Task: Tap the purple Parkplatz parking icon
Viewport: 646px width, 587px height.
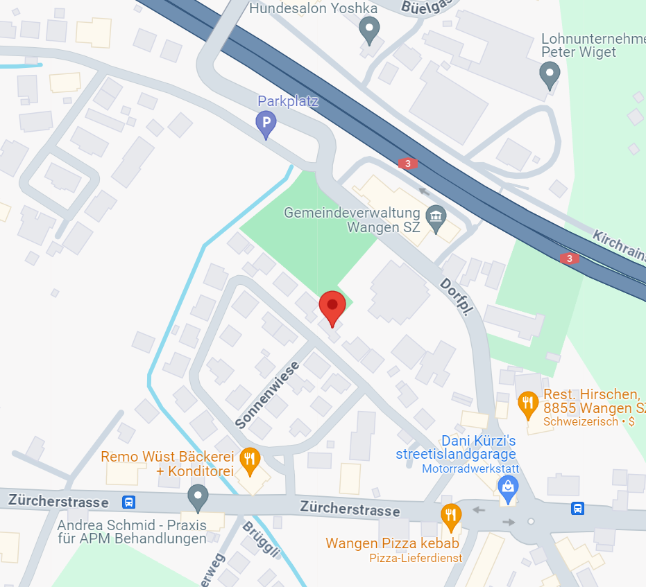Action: [266, 125]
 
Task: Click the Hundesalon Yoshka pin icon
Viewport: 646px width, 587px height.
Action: [369, 30]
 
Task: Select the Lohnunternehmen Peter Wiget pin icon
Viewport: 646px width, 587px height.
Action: [550, 73]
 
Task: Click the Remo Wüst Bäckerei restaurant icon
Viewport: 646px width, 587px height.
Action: [249, 458]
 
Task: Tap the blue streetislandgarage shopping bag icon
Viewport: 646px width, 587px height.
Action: [509, 488]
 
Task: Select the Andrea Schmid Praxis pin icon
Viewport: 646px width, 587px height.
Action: [198, 497]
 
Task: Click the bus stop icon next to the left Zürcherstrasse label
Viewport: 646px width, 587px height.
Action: [128, 502]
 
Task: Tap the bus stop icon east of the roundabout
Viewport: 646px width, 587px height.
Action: [577, 509]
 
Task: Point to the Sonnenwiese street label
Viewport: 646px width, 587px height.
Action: [266, 394]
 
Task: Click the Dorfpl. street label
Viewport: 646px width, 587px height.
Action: [457, 299]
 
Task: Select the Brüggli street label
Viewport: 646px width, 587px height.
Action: [260, 538]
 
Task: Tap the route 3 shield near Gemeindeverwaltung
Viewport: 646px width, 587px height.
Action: [408, 164]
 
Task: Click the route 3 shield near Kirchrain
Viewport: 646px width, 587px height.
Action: [570, 259]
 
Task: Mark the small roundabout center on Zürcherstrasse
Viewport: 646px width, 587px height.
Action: [531, 521]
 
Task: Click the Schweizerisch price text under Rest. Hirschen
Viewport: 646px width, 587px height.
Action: [588, 421]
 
